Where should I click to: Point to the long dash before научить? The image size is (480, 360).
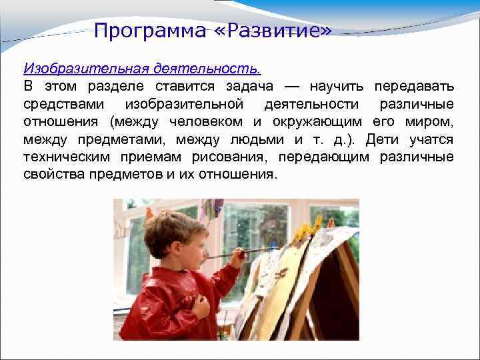[293, 87]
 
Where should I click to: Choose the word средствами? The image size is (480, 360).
[64, 104]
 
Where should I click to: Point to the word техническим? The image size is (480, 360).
[67, 157]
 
